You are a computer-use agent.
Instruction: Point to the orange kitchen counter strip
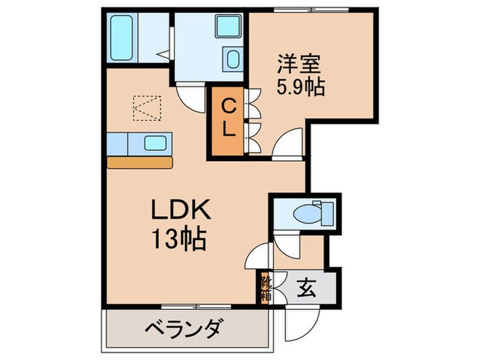[141, 163]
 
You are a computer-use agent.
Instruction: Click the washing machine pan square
[227, 27]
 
